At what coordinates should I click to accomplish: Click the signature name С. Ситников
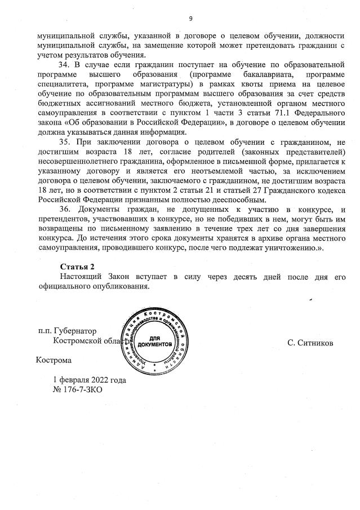[x=310, y=343]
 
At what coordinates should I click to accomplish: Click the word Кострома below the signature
[x=54, y=360]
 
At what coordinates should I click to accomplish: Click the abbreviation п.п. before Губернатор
[x=46, y=331]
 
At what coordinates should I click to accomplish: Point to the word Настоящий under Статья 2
[x=81, y=276]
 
